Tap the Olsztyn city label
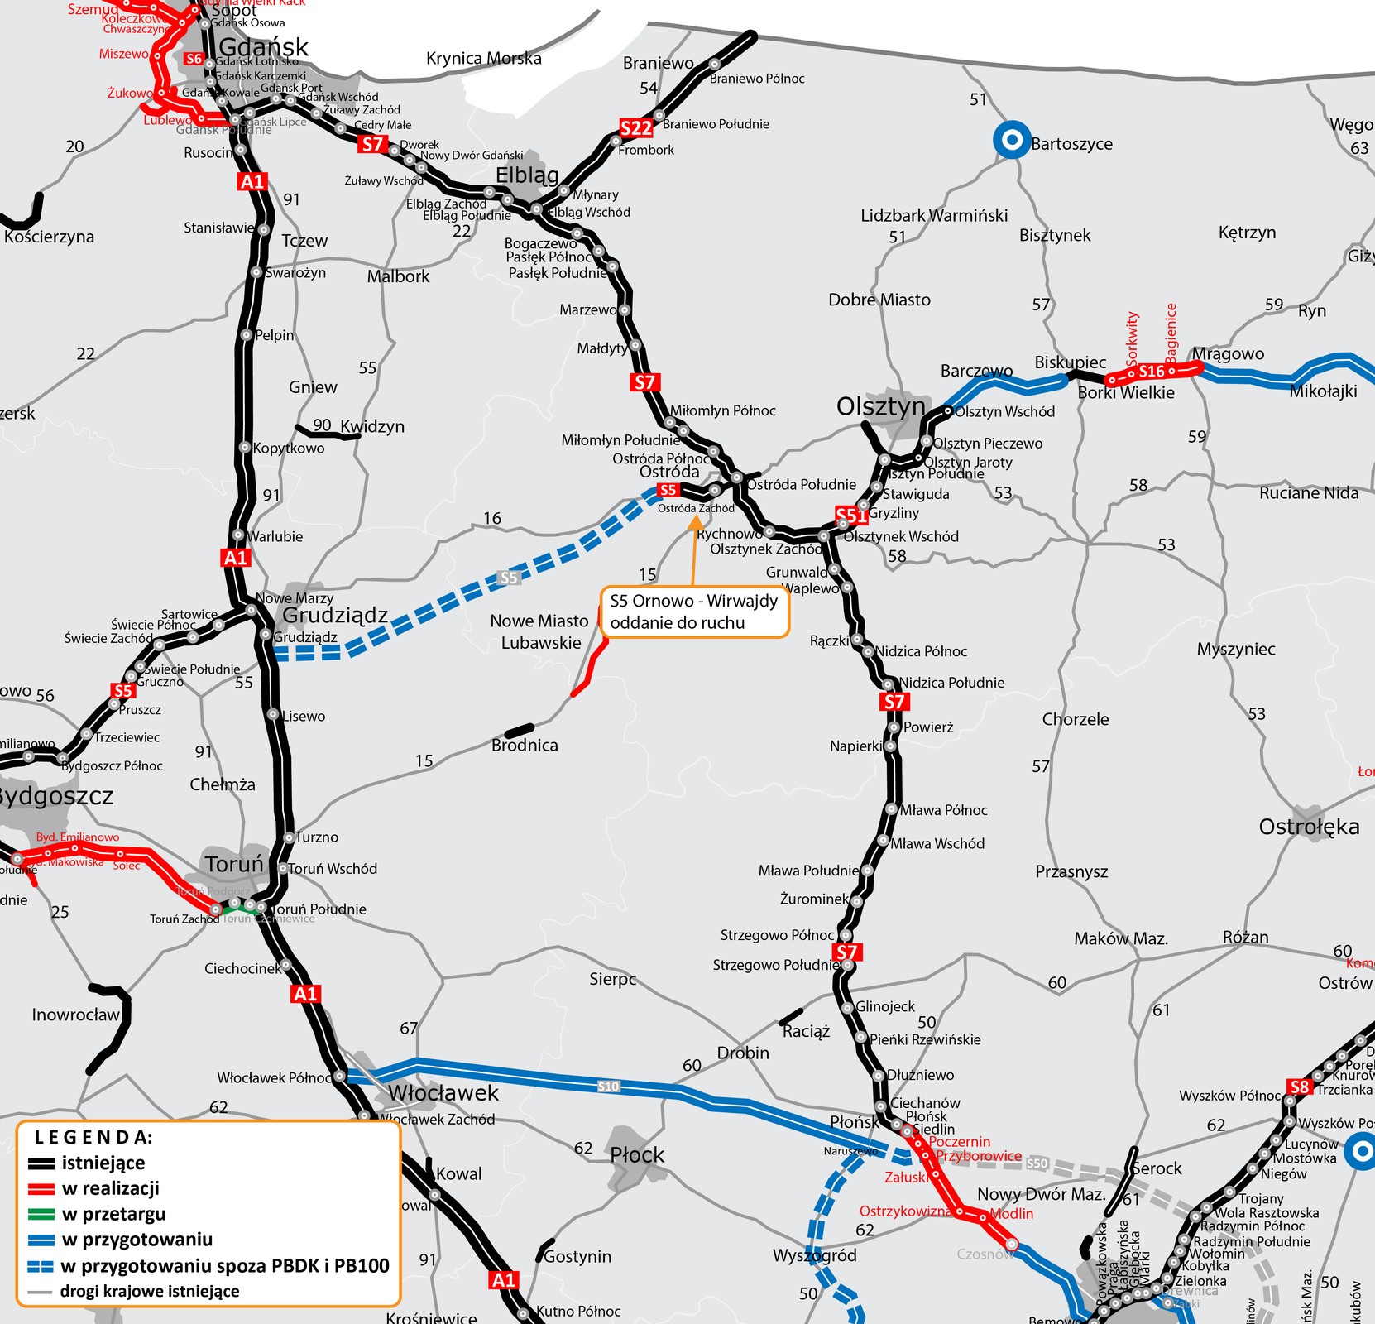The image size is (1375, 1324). coord(880,406)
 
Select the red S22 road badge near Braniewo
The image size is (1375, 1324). coord(636,127)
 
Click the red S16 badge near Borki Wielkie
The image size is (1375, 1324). coord(1151,372)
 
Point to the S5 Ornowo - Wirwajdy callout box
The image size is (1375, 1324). coord(695,612)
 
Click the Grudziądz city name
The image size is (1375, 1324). coord(335,615)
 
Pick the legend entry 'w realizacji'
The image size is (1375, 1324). coord(111,1188)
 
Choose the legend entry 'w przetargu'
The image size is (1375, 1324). coord(113,1214)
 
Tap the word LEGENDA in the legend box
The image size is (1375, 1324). coord(93,1137)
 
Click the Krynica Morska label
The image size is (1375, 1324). coord(483,58)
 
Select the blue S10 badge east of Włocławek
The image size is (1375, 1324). coord(608,1087)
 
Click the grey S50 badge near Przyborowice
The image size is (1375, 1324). coord(1037,1163)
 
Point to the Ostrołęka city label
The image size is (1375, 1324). coord(1309,826)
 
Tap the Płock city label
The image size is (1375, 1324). coord(637,1154)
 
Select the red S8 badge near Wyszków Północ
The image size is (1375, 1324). coord(1300,1087)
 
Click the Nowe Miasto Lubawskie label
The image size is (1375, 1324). coord(539,631)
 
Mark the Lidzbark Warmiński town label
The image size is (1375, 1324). coord(934,215)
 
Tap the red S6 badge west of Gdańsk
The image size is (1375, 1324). coord(194,59)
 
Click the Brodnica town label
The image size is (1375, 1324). coord(525,745)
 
